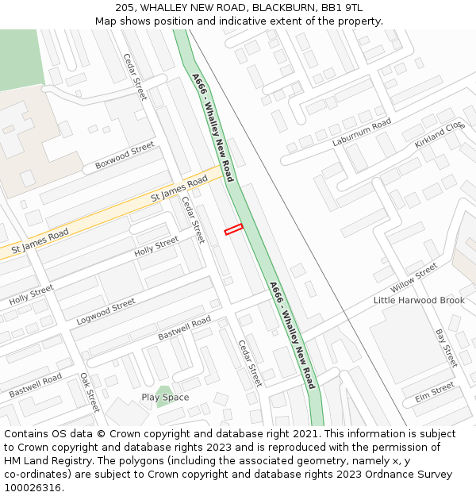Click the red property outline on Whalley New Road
click(233, 229)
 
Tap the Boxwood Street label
click(125, 155)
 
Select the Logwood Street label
click(106, 311)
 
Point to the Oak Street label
click(89, 392)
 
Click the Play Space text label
click(165, 397)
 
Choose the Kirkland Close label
click(439, 136)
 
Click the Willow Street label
click(414, 278)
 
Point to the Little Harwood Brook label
click(419, 301)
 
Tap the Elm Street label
click(434, 391)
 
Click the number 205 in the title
click(125, 7)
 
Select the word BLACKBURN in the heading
click(281, 7)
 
